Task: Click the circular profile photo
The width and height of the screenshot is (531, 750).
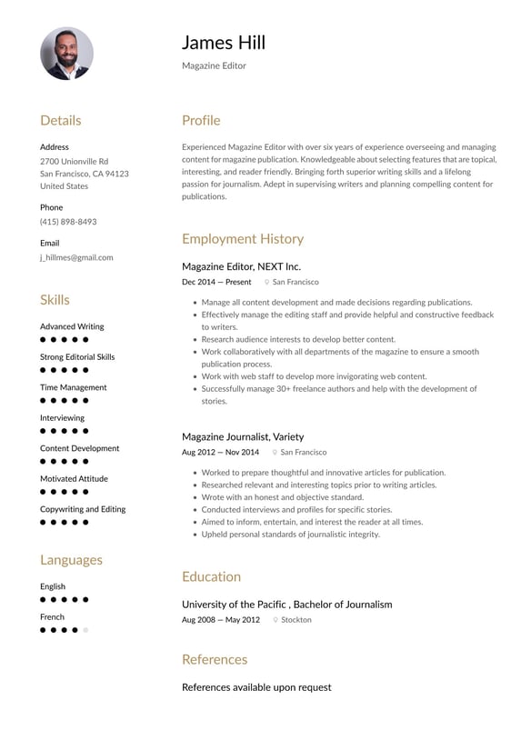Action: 66,54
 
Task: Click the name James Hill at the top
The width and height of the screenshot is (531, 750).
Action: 223,42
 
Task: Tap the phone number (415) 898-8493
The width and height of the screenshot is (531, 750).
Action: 68,222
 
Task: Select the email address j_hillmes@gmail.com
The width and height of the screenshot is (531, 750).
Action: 76,257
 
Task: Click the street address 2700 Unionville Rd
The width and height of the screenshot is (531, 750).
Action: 74,161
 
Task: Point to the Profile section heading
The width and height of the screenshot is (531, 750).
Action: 201,120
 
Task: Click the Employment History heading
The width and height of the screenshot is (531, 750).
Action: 242,239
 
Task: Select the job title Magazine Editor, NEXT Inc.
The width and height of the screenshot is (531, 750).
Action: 241,266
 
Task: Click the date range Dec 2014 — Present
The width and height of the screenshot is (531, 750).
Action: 216,282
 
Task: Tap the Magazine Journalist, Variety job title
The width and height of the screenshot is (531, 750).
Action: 243,436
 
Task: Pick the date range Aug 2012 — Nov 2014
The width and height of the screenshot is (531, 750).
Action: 220,452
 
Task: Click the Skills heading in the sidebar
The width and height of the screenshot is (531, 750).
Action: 55,300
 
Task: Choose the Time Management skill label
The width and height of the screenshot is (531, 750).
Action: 73,387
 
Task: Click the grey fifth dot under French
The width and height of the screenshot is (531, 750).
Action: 86,630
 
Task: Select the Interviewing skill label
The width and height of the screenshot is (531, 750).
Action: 62,418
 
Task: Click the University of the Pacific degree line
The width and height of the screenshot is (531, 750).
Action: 286,605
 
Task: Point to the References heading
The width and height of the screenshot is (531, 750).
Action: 214,659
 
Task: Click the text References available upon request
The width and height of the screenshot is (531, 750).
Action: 256,687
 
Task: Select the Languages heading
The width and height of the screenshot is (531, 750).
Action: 71,560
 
